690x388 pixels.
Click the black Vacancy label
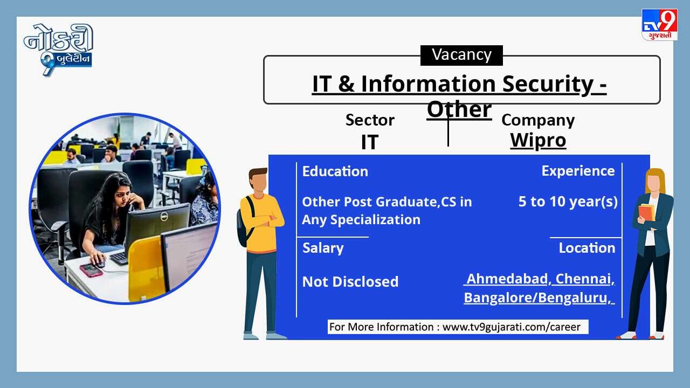(x=461, y=56)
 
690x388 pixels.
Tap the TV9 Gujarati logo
(x=659, y=25)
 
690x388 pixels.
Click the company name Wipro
(x=538, y=141)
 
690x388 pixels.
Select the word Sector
(x=370, y=120)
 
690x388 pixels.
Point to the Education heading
(x=335, y=171)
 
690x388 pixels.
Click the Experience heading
(x=578, y=171)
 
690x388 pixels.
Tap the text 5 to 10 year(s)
(x=568, y=202)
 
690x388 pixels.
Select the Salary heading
(x=323, y=248)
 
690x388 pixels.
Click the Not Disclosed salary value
(x=350, y=282)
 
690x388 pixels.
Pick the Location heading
(x=587, y=248)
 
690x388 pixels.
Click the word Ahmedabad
(x=507, y=279)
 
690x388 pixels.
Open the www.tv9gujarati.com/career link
(x=512, y=327)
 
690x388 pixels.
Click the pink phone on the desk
(x=91, y=270)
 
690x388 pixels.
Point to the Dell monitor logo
(x=164, y=217)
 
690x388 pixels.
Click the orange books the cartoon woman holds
(x=646, y=213)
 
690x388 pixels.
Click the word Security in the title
(x=548, y=84)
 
